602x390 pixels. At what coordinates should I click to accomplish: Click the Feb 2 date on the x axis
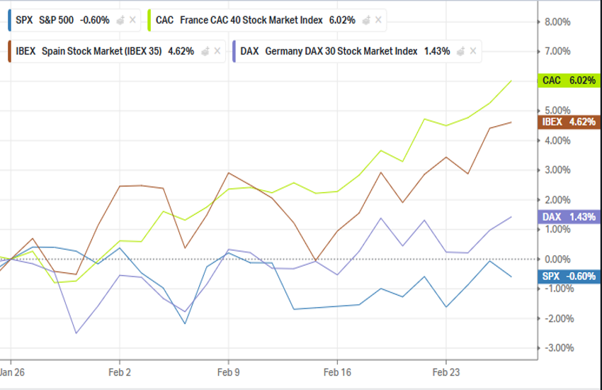[120, 371]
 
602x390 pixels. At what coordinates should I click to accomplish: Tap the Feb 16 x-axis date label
[337, 371]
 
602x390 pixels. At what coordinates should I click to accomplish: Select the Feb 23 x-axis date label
[446, 371]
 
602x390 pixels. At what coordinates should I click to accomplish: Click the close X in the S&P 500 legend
[132, 20]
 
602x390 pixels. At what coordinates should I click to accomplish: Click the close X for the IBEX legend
[217, 51]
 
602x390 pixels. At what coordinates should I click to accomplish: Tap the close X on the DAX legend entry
[472, 51]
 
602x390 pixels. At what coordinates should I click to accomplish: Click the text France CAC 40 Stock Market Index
[252, 20]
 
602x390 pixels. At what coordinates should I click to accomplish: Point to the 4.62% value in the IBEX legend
[181, 51]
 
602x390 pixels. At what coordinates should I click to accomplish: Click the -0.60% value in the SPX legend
[96, 20]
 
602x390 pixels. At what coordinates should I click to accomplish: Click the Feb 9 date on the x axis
[228, 371]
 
